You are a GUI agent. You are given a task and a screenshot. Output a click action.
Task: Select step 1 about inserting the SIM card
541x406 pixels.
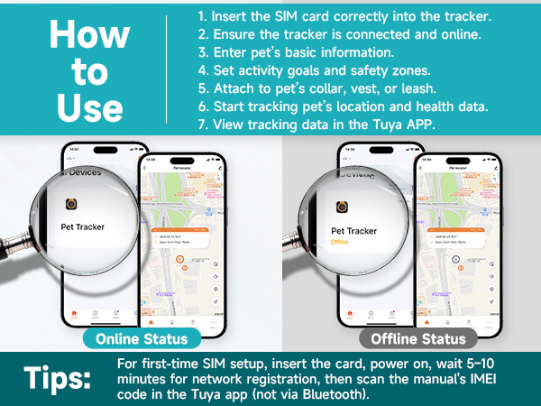tap(343, 17)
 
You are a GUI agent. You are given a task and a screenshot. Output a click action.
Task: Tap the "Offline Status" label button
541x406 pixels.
tap(413, 338)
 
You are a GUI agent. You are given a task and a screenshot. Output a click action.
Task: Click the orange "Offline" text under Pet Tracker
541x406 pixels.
tap(341, 242)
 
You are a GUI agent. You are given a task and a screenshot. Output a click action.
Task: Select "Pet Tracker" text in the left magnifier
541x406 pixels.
tap(84, 227)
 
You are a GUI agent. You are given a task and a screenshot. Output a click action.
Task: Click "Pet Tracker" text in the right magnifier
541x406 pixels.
tap(354, 231)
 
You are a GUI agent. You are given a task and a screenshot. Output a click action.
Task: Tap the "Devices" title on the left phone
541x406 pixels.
tap(82, 171)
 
